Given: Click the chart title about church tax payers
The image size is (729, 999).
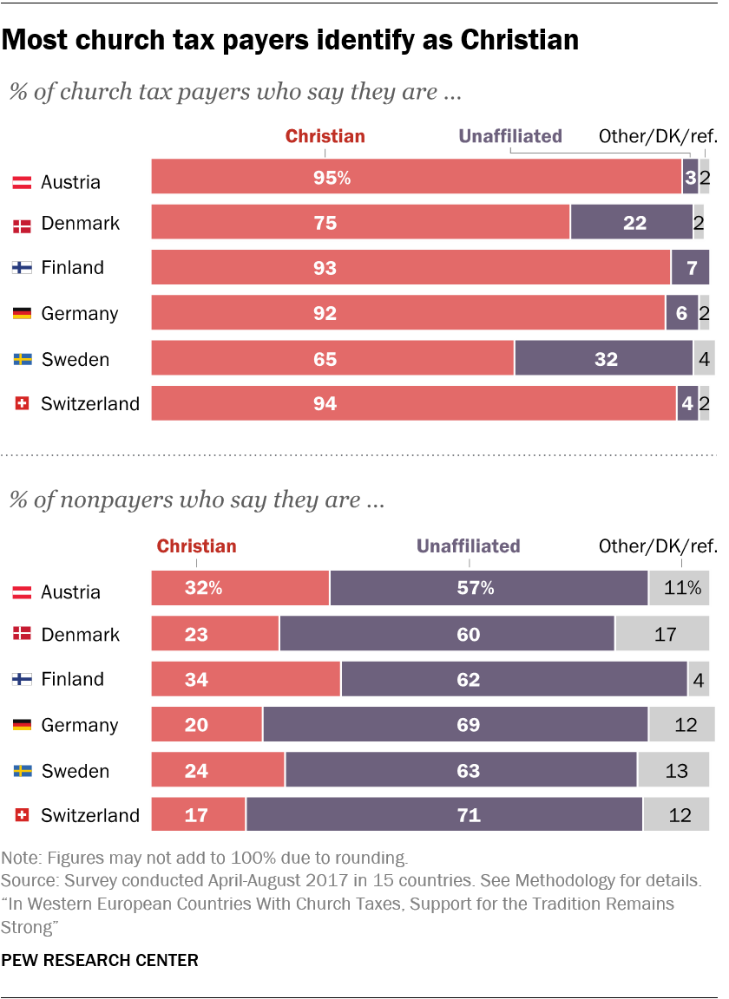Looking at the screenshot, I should click(x=290, y=40).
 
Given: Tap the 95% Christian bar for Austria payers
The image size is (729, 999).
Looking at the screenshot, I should click(x=416, y=177).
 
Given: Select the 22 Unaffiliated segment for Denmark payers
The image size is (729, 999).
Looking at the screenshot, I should click(x=631, y=222).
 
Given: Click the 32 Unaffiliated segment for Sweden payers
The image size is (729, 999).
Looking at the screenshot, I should click(x=603, y=358).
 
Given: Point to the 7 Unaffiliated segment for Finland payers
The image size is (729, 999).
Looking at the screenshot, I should click(x=690, y=267).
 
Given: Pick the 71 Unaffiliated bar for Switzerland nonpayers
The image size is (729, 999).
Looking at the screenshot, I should click(x=443, y=815).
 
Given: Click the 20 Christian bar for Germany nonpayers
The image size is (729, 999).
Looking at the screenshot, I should click(x=207, y=724).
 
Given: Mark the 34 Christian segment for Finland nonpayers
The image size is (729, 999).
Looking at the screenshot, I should click(x=246, y=679).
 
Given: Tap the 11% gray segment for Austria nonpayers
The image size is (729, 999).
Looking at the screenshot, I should click(x=679, y=588).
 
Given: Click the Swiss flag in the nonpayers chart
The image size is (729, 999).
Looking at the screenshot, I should click(x=22, y=815).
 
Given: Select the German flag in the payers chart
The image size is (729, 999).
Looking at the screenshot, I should click(x=22, y=313).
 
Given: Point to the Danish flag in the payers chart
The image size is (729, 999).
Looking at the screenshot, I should click(x=22, y=224).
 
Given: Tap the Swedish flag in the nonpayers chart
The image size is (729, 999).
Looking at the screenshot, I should click(x=22, y=771).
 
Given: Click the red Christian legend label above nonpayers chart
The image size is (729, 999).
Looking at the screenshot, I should click(x=196, y=546).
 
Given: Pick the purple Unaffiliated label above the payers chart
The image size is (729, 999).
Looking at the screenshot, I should click(x=510, y=136).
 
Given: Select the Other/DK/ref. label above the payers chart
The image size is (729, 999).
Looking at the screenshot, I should click(x=658, y=136).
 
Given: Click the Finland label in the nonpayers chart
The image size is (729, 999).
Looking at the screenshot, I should click(x=72, y=679).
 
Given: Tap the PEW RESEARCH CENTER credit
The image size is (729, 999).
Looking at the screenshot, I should click(x=100, y=960).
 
